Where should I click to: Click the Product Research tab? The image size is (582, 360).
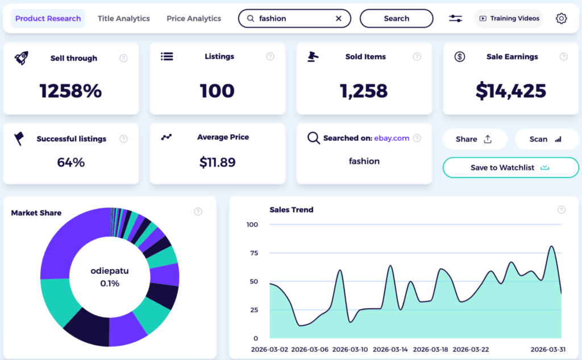48,18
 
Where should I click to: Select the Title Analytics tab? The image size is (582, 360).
123,18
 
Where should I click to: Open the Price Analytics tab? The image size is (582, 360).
194,18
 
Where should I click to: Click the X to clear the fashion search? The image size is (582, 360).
339,18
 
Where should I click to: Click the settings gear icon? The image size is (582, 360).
561,18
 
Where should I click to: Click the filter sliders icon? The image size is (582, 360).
455,18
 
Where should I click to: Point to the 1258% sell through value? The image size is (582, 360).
70,90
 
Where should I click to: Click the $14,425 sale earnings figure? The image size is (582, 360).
510,90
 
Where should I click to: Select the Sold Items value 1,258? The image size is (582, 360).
364,90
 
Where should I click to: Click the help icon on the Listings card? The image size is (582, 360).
271,57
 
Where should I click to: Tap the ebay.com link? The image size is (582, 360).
392,138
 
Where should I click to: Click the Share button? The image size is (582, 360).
474,139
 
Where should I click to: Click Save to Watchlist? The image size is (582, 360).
510,168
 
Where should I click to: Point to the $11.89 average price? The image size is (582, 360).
217,162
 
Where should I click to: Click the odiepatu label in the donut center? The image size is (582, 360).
110,271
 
